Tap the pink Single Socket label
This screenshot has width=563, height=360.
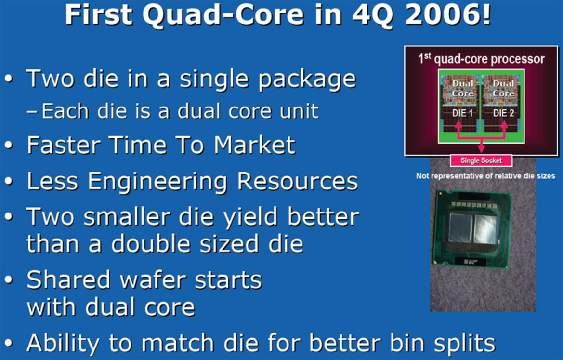pyautogui.click(x=481, y=160)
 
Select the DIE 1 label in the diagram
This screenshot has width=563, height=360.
pyautogui.click(x=462, y=113)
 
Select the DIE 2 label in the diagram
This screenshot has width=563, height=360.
pyautogui.click(x=502, y=113)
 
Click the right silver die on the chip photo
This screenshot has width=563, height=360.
pyautogui.click(x=485, y=228)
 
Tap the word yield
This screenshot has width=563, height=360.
pyautogui.click(x=246, y=218)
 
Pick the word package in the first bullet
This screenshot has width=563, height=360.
pyautogui.click(x=307, y=79)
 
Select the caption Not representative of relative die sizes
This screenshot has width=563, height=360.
pyautogui.click(x=485, y=176)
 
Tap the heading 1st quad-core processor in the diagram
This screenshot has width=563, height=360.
pyautogui.click(x=482, y=60)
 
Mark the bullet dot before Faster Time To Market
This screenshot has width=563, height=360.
pyautogui.click(x=9, y=146)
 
